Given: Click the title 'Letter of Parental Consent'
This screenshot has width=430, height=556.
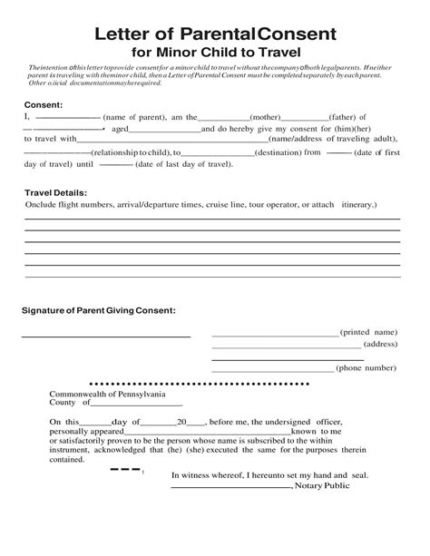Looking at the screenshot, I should (x=215, y=34).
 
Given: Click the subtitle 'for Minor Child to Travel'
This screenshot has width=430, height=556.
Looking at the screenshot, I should (x=215, y=53).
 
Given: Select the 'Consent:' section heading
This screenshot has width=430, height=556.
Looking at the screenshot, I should (x=43, y=105).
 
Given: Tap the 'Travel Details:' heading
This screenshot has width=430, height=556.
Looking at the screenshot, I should (x=55, y=193).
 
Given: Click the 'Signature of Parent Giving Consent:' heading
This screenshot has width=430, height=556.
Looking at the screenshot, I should (x=99, y=310).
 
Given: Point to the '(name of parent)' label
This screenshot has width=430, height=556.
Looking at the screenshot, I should (x=134, y=118).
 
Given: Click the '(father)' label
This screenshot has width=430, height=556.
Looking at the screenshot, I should (x=332, y=118).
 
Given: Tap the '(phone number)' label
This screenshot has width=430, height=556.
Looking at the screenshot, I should (x=366, y=368).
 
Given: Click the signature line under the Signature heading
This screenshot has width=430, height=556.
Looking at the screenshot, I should (x=106, y=337).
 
